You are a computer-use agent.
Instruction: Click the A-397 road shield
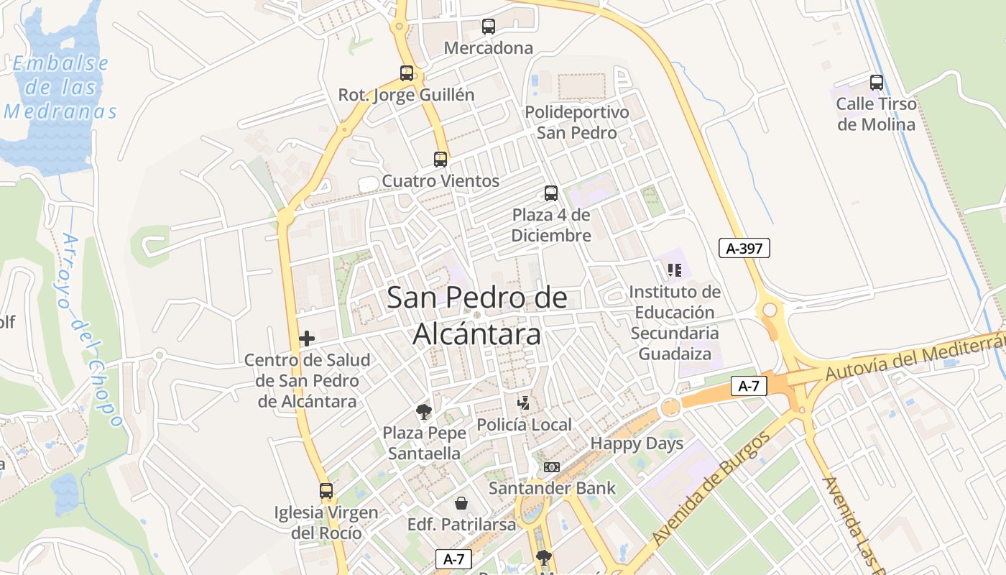point(744,249)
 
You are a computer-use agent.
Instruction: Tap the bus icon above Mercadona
point(489,27)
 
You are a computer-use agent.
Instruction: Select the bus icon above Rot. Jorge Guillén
point(407,73)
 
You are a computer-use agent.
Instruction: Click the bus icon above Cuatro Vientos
point(440,159)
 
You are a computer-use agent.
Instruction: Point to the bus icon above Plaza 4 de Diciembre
point(551,193)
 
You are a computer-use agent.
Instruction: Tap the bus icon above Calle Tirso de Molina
point(877,82)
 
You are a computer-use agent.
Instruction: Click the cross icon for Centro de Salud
point(307,339)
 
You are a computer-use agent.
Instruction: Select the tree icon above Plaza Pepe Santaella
point(424,412)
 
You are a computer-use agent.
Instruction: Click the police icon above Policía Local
point(525,403)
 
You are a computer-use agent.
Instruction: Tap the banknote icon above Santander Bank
point(551,467)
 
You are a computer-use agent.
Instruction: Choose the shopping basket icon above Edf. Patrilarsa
point(461,503)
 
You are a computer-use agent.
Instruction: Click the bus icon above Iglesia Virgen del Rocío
point(326,491)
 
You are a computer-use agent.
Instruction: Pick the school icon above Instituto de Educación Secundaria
point(674,270)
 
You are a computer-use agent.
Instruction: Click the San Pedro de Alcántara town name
point(477,316)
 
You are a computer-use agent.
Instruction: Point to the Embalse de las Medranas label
point(60,87)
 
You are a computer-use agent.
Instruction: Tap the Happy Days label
point(637,443)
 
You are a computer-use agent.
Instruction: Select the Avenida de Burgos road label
point(711,489)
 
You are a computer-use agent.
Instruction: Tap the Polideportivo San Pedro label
point(577,122)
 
